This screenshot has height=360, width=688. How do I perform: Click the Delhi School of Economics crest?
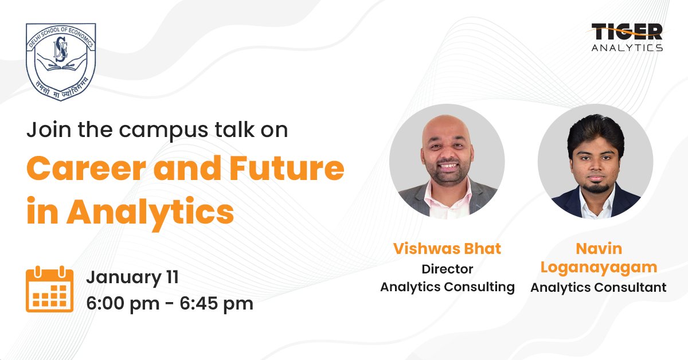(60, 62)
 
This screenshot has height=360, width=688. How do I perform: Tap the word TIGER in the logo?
(627, 32)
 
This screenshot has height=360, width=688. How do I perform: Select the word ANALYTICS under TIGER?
(627, 48)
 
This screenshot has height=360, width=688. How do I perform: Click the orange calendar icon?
(49, 289)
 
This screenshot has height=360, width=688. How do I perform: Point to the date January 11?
(132, 278)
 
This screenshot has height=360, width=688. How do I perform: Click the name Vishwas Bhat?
(447, 249)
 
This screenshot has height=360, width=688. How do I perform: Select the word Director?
(447, 268)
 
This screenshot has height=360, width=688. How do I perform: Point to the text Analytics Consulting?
(447, 287)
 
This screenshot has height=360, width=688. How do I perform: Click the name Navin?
(598, 249)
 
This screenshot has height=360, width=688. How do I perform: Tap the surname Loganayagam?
(598, 267)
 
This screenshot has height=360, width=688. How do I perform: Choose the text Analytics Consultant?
(598, 287)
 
